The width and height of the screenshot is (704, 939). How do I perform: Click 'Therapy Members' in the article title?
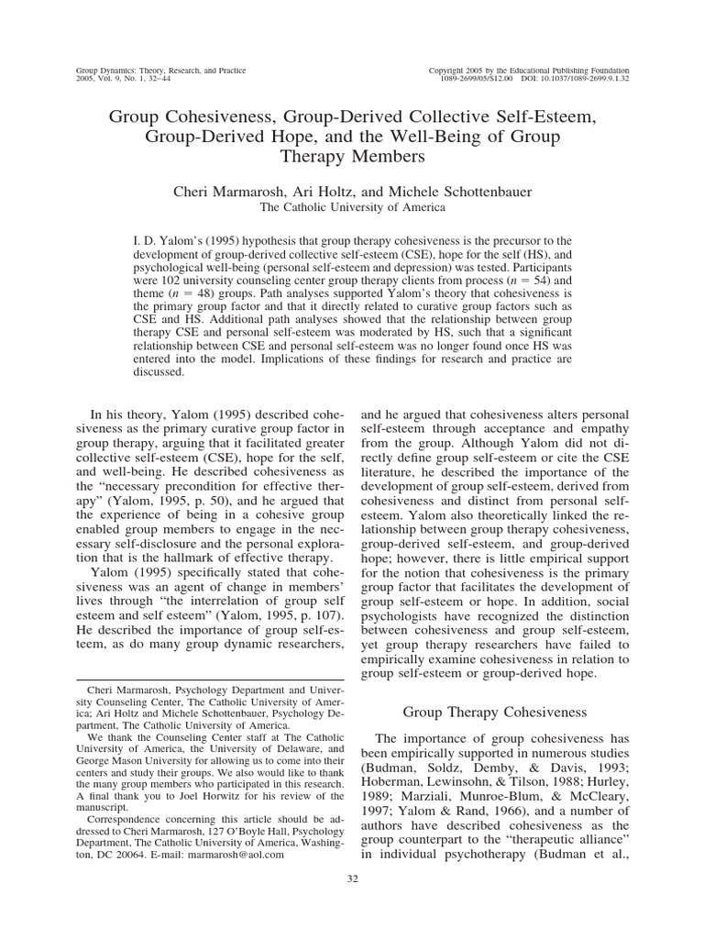click(351, 157)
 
